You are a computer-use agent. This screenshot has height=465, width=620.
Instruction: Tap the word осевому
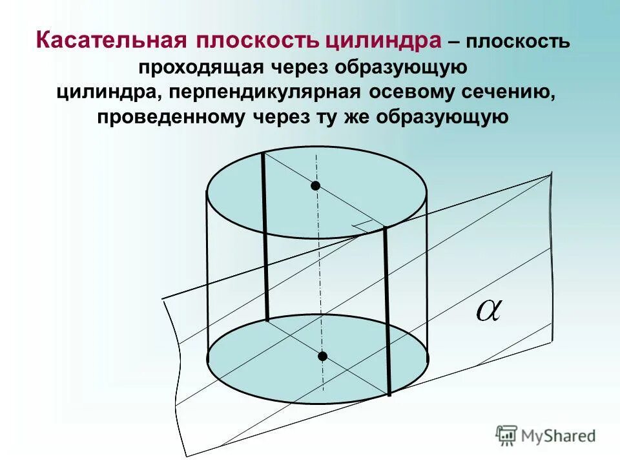[x=409, y=92]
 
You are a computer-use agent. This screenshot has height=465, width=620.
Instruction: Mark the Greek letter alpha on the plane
[x=489, y=311]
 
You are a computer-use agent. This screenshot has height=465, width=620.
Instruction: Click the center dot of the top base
[x=315, y=186]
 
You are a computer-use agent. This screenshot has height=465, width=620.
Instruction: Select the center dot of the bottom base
[x=322, y=356]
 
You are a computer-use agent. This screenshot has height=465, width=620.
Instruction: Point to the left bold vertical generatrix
[x=264, y=239]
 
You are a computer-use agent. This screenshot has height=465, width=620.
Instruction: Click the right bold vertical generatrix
[x=387, y=310]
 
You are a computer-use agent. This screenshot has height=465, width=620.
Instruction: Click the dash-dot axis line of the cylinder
[x=318, y=271]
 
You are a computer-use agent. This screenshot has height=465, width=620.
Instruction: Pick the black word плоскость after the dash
[x=516, y=43]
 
